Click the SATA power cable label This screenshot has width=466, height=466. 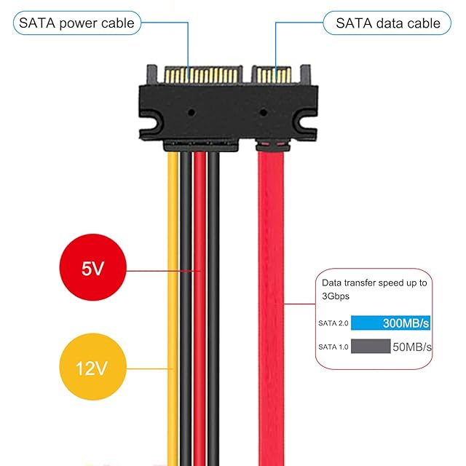[76, 23]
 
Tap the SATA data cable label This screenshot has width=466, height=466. [387, 23]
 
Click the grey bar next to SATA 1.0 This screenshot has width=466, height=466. [370, 346]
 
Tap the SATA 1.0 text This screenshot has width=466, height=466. [333, 347]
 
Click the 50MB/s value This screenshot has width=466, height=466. [412, 347]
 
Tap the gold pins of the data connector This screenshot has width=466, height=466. [273, 75]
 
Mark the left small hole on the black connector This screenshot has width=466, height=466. [191, 114]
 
